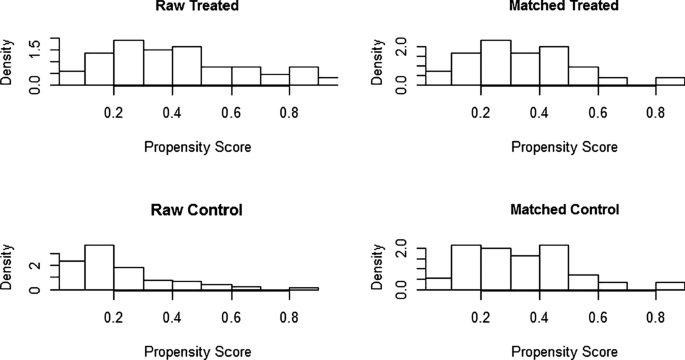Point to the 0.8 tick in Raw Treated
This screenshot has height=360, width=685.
click(289, 115)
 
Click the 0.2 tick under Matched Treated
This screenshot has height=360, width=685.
click(481, 115)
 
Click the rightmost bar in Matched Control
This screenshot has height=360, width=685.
click(670, 286)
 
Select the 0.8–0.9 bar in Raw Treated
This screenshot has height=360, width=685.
click(304, 77)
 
